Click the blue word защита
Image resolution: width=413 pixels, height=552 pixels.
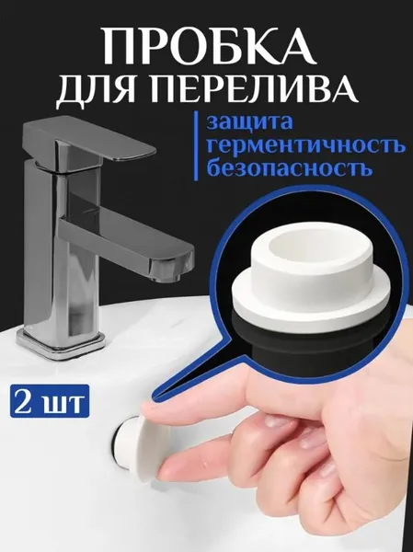coord(249,123)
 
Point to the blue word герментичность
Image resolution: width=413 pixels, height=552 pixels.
coord(306,146)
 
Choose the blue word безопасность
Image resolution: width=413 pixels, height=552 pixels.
coord(290,168)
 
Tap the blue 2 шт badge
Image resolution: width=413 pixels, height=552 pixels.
coord(50,402)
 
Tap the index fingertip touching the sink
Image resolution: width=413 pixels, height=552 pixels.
coord(155,410)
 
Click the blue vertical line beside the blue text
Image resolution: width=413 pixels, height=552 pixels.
coord(197,144)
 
